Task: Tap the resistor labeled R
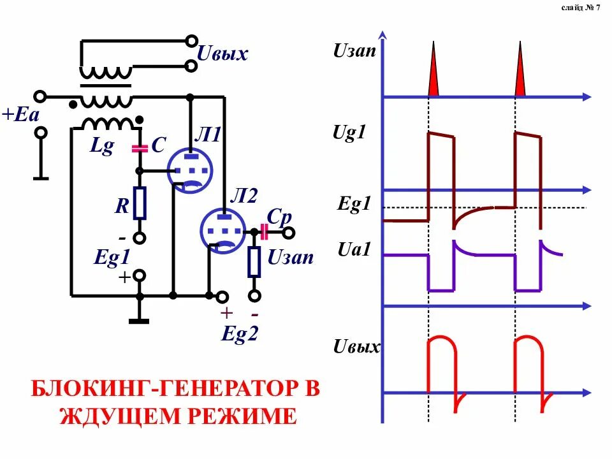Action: point(140,203)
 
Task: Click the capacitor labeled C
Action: point(140,149)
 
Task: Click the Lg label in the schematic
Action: point(102,147)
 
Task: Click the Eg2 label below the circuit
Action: point(240,334)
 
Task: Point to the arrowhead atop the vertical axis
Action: point(382,36)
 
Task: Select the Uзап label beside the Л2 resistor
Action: point(291,258)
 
